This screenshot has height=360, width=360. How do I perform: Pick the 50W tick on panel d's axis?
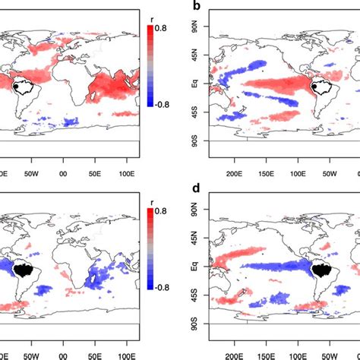click(x=329, y=353)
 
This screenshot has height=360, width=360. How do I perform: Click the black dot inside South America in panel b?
click(x=321, y=88)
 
